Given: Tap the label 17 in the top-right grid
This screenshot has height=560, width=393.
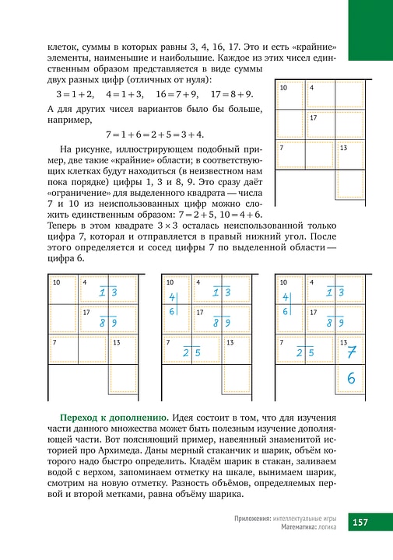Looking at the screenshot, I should (x=313, y=117).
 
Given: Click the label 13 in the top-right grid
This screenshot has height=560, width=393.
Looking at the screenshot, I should (x=343, y=147).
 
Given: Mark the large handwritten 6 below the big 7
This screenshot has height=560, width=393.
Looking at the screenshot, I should (x=351, y=379).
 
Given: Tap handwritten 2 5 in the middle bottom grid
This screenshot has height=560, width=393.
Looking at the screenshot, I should (x=191, y=352).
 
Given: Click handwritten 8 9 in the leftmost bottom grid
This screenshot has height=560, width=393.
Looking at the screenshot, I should (x=109, y=322).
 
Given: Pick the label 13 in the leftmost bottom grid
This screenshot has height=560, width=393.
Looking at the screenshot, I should (x=117, y=342).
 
